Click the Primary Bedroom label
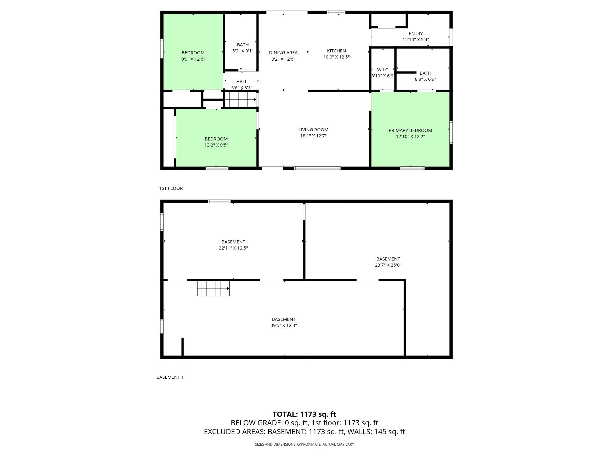(x=410, y=130)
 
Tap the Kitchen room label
(x=336, y=51)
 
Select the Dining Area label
(x=283, y=53)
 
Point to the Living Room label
(x=313, y=130)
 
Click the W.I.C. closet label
(x=383, y=70)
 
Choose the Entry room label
(x=416, y=34)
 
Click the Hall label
(x=242, y=82)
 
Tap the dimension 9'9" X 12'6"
(x=193, y=59)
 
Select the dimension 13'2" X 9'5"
(x=216, y=145)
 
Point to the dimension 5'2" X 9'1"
(x=243, y=51)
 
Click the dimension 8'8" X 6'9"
(x=425, y=79)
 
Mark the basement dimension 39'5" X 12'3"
(x=283, y=325)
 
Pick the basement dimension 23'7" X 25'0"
(x=388, y=265)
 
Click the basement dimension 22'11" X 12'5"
(x=233, y=248)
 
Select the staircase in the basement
(x=213, y=288)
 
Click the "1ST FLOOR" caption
(x=171, y=188)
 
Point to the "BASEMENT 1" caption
(x=170, y=377)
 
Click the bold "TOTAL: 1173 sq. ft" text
(x=304, y=414)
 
